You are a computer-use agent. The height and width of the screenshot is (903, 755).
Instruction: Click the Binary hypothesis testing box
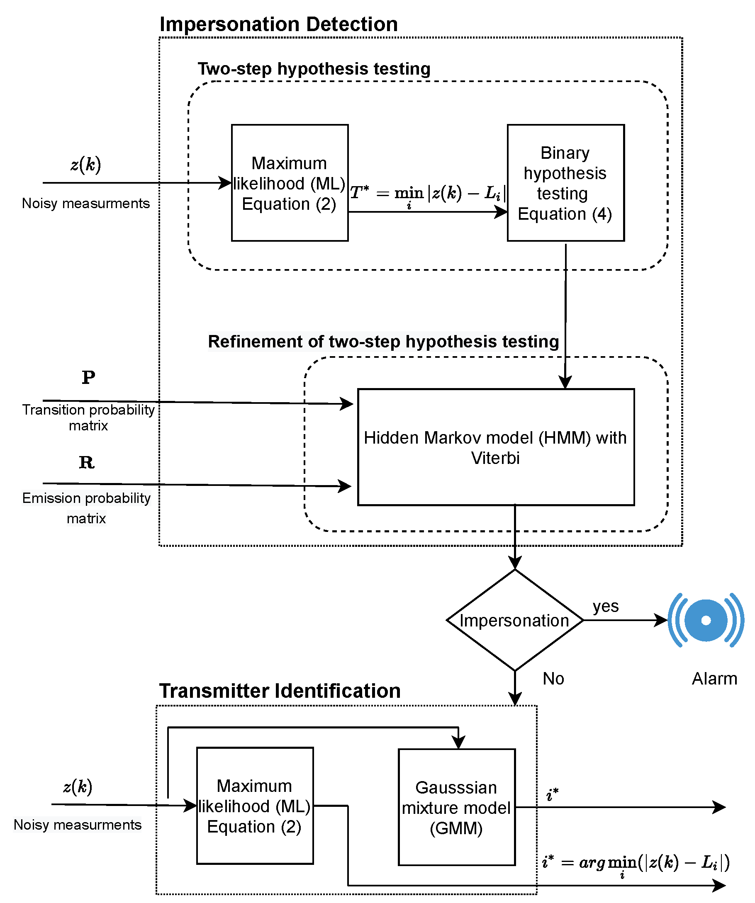(x=565, y=183)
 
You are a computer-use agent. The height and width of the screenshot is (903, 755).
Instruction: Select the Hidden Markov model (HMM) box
(x=496, y=447)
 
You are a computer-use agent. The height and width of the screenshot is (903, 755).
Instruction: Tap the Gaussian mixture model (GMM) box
(x=456, y=807)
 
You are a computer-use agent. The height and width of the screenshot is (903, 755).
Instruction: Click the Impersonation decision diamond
(x=514, y=620)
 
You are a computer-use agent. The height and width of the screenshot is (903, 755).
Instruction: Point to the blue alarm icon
(x=706, y=620)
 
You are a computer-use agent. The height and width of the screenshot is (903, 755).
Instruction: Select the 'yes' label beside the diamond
(x=605, y=606)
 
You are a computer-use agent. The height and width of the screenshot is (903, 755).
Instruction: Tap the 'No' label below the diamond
(x=553, y=679)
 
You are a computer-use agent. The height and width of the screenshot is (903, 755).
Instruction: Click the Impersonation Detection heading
(x=279, y=24)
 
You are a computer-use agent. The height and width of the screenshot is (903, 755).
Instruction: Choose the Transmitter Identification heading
(x=280, y=691)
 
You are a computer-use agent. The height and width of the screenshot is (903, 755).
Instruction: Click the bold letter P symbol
(x=88, y=378)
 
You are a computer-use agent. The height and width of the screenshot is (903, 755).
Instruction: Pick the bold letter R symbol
(x=86, y=462)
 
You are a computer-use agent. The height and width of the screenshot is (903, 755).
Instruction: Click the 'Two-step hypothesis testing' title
(x=314, y=69)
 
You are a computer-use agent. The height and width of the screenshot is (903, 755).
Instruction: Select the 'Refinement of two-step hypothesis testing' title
(x=383, y=341)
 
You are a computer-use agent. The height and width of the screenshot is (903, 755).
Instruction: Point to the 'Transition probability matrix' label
(x=88, y=418)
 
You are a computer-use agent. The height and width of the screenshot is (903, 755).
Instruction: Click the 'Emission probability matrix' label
(x=86, y=508)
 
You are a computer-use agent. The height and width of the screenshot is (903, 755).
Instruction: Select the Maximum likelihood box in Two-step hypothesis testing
(x=290, y=183)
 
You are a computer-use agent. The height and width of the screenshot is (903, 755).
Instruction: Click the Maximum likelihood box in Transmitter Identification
(x=255, y=806)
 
